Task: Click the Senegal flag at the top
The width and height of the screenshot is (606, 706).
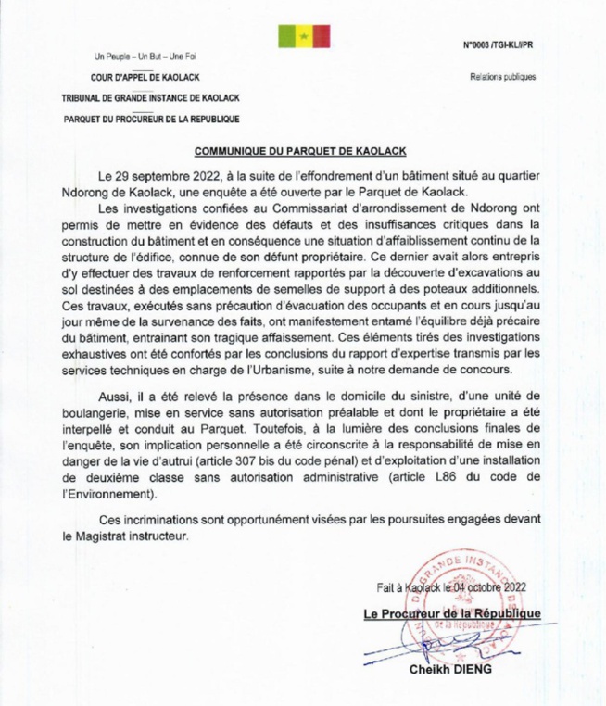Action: coord(303,36)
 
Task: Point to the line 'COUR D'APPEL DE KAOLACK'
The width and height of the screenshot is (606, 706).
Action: coord(144,77)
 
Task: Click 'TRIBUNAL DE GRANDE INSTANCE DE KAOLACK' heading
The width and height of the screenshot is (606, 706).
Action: coord(151,97)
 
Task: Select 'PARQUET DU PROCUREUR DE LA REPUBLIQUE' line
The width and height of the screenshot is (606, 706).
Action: coord(152,119)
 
